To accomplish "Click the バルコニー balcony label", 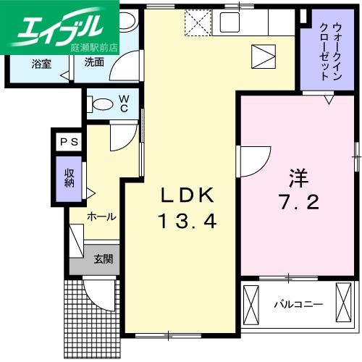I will [x=297, y=303].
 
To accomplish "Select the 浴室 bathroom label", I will [x=41, y=63].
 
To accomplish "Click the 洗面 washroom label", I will [x=94, y=63].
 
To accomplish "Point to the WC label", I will [x=124, y=102].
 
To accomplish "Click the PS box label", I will [x=70, y=142].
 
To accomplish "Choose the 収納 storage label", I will [x=70, y=178].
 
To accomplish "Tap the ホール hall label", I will [x=101, y=216].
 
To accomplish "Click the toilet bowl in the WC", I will [x=102, y=104].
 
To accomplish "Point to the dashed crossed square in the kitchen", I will [x=197, y=23].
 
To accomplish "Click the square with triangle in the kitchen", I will [x=263, y=55].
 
